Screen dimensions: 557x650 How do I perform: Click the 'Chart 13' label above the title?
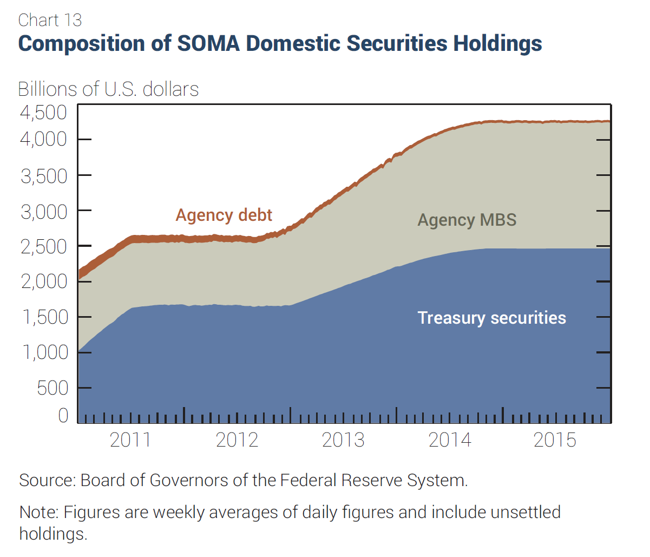[50, 20]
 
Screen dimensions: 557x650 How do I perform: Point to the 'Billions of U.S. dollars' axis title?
[108, 89]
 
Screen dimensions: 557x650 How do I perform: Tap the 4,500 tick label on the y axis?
[43, 113]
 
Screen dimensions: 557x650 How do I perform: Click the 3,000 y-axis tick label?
[44, 212]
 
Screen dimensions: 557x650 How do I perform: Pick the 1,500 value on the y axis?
[44, 317]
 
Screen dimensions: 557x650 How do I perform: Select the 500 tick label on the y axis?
[52, 388]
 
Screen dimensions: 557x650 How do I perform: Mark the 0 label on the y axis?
[63, 416]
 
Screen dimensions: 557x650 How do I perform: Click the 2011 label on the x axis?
[130, 440]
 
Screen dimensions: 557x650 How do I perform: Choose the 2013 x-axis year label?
[343, 440]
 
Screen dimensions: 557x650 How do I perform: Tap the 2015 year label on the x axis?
[555, 440]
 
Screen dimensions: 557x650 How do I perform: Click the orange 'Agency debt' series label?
[224, 215]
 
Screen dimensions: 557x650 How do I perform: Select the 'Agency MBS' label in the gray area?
[467, 220]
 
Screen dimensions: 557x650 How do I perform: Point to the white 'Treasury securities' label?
[491, 318]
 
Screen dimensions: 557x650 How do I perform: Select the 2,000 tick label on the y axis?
[44, 281]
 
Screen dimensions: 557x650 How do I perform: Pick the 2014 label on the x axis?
[450, 440]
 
